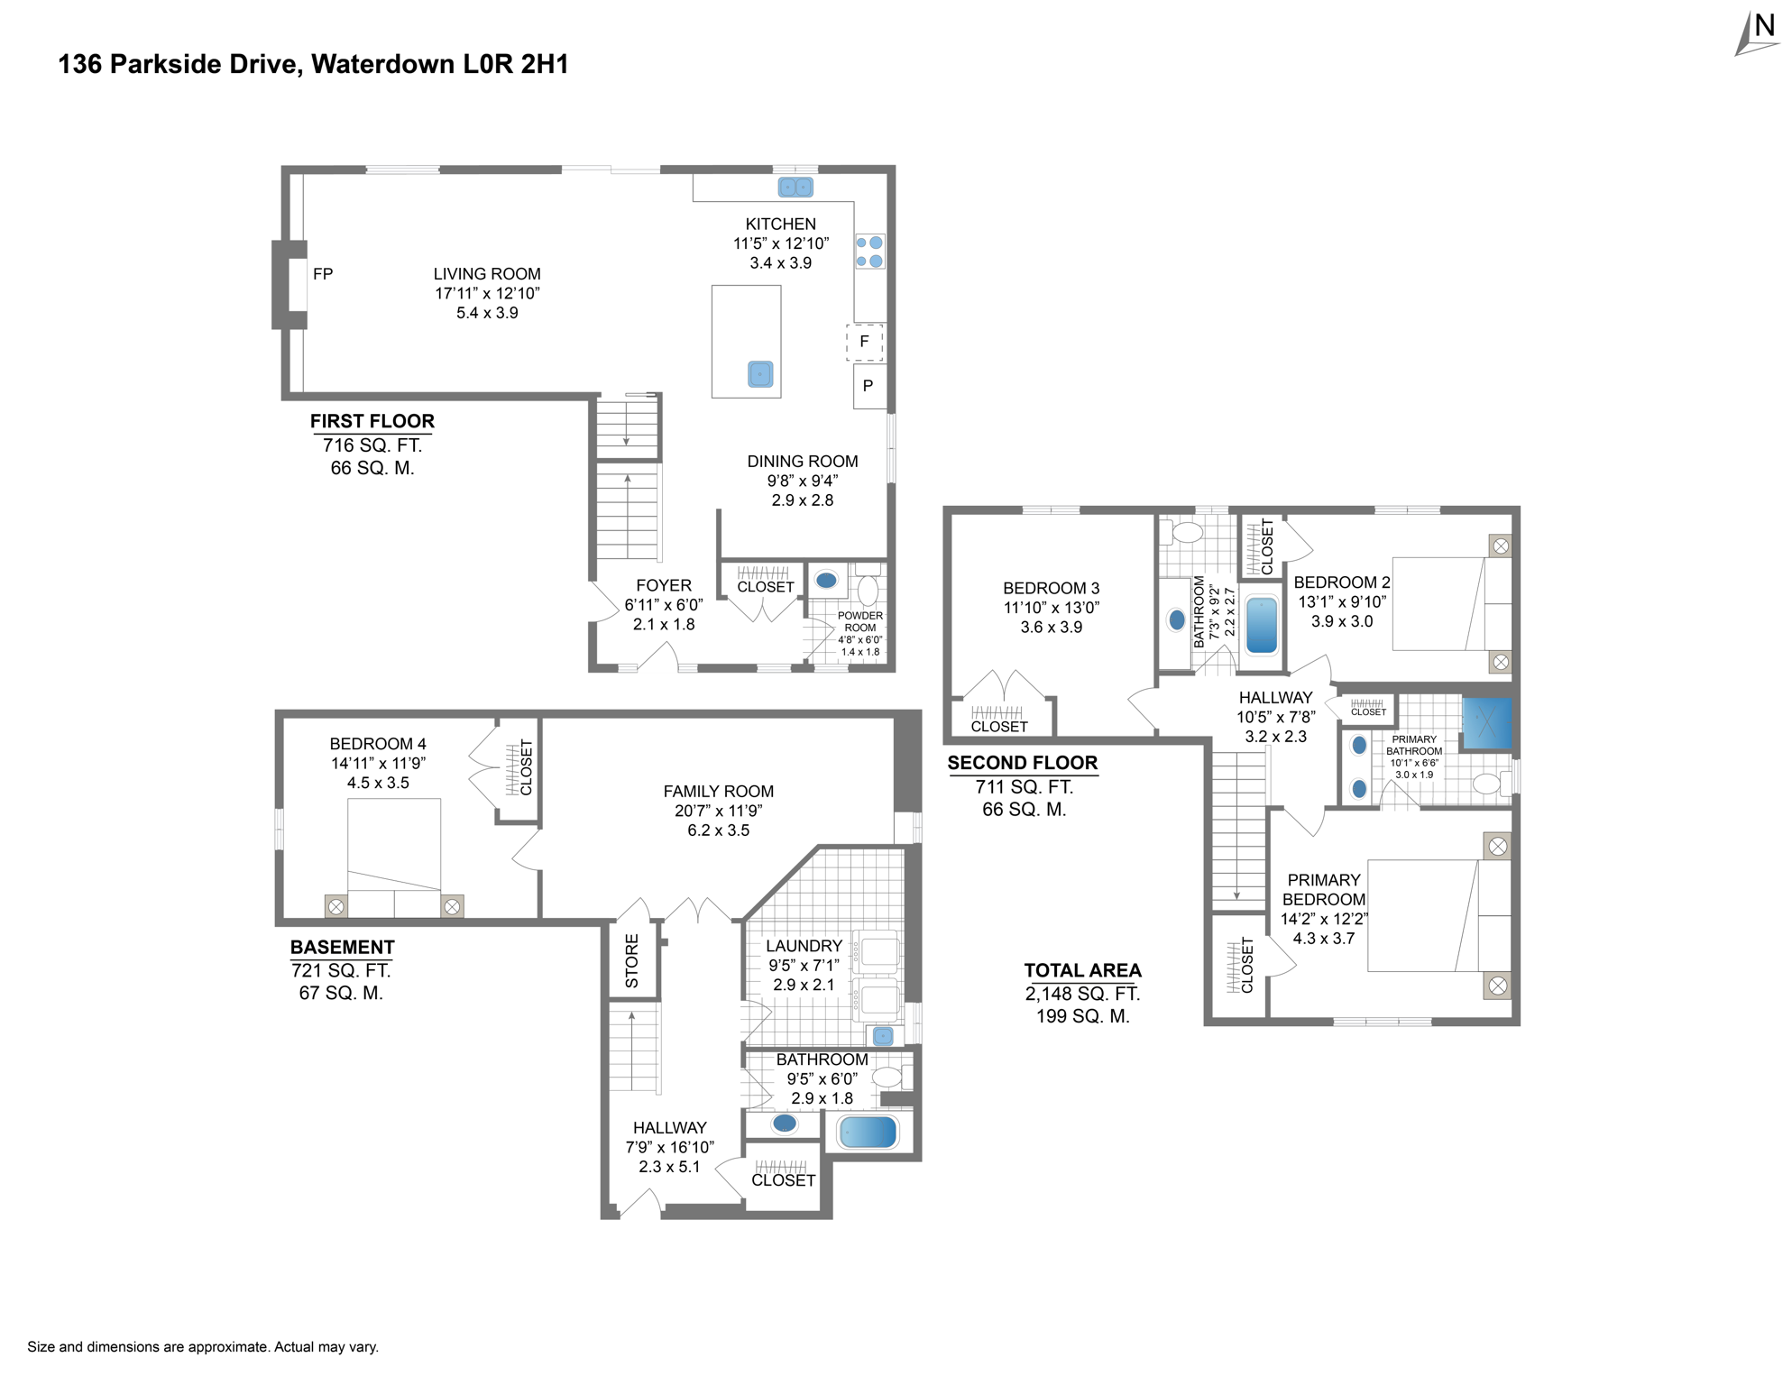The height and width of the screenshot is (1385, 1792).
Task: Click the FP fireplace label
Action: (323, 274)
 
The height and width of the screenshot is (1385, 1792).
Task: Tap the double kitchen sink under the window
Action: (795, 188)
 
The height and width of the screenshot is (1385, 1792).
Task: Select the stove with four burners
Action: (869, 252)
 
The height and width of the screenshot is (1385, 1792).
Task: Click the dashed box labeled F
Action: (864, 342)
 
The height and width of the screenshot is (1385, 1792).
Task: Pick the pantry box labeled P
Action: (868, 386)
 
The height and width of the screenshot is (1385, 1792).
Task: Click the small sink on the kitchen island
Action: (760, 374)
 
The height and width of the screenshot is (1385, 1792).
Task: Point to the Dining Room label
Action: (802, 462)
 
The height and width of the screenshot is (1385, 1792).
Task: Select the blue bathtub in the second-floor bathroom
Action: (1261, 625)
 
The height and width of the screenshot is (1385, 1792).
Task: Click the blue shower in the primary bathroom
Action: (1485, 722)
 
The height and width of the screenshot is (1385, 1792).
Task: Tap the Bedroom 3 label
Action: (1051, 588)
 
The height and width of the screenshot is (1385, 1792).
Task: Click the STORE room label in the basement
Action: (632, 960)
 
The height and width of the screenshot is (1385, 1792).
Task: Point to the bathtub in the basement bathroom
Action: (868, 1132)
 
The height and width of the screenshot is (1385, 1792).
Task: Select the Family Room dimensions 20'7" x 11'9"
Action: (718, 811)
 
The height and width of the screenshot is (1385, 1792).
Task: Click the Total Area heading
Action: (1082, 970)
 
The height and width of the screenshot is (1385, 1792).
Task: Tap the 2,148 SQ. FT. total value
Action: (1082, 994)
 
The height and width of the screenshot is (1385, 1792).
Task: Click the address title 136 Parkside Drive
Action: (313, 64)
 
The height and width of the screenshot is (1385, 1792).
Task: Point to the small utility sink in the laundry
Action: (883, 1036)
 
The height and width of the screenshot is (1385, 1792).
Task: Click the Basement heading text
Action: (342, 947)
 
